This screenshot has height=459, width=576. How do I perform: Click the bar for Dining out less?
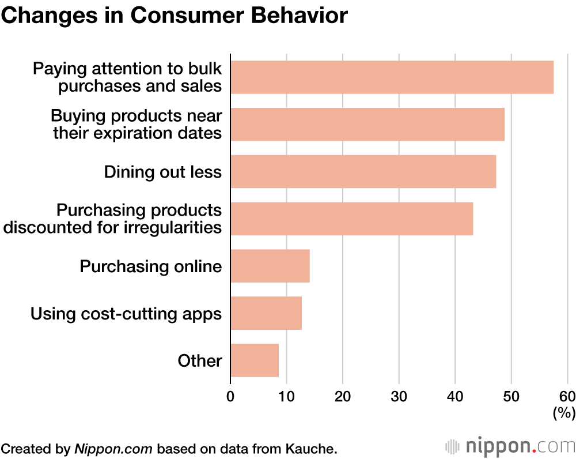tap(363, 171)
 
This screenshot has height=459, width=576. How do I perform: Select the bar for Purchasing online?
tap(270, 266)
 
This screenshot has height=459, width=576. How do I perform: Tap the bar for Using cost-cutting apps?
tap(266, 313)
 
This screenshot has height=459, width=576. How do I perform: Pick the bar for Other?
tap(255, 360)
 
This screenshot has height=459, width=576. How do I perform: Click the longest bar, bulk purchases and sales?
tap(392, 77)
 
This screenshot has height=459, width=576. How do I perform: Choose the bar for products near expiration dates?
tap(367, 124)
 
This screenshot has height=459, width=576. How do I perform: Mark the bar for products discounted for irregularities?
tap(351, 219)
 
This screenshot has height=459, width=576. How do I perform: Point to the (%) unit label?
tap(564, 413)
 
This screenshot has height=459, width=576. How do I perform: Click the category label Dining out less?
tap(162, 172)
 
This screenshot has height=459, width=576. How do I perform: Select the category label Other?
tap(199, 361)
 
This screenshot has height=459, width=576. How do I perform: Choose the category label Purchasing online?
tap(150, 266)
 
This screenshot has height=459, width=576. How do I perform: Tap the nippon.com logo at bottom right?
tap(510, 446)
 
